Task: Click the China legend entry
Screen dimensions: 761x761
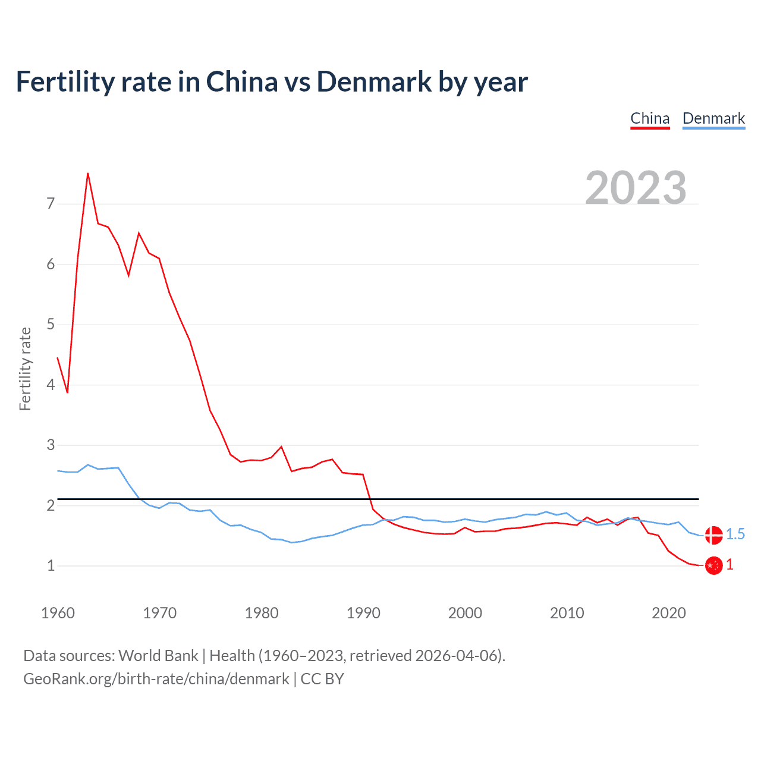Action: (650, 119)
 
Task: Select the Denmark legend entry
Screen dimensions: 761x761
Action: (713, 119)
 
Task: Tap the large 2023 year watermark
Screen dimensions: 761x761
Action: (636, 188)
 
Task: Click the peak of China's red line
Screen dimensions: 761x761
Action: (88, 173)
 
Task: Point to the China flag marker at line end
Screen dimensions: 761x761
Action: (713, 565)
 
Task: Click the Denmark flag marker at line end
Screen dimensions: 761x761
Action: (713, 535)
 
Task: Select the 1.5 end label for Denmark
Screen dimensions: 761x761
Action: (735, 534)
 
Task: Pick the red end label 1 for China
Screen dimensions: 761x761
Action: (729, 565)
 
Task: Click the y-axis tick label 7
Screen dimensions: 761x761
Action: (51, 204)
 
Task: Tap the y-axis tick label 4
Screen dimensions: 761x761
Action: (51, 385)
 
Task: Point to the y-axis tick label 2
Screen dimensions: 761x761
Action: (51, 505)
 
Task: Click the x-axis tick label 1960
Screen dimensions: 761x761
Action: (58, 613)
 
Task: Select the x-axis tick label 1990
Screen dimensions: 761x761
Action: (363, 613)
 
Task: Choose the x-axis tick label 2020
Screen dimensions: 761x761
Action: (669, 613)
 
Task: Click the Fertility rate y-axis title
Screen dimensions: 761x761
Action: (25, 369)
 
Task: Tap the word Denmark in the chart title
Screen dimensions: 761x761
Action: (374, 82)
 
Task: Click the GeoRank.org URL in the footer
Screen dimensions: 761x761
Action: (156, 679)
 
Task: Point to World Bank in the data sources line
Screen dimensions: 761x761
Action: (158, 656)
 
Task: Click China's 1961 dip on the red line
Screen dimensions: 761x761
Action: (68, 392)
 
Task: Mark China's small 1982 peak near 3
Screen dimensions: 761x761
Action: (281, 446)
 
